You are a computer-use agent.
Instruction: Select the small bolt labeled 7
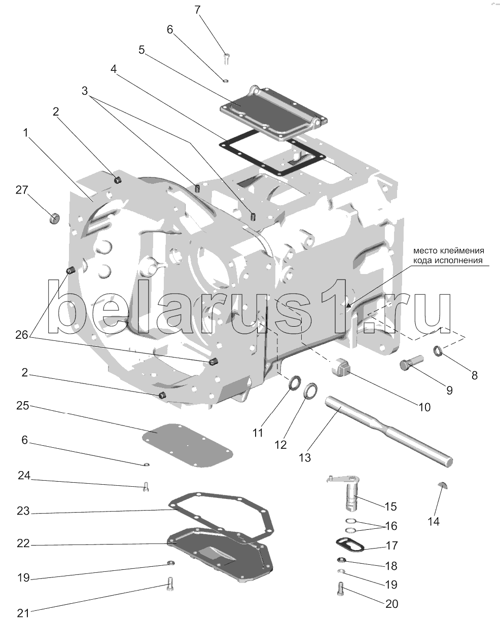(x=226, y=59)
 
